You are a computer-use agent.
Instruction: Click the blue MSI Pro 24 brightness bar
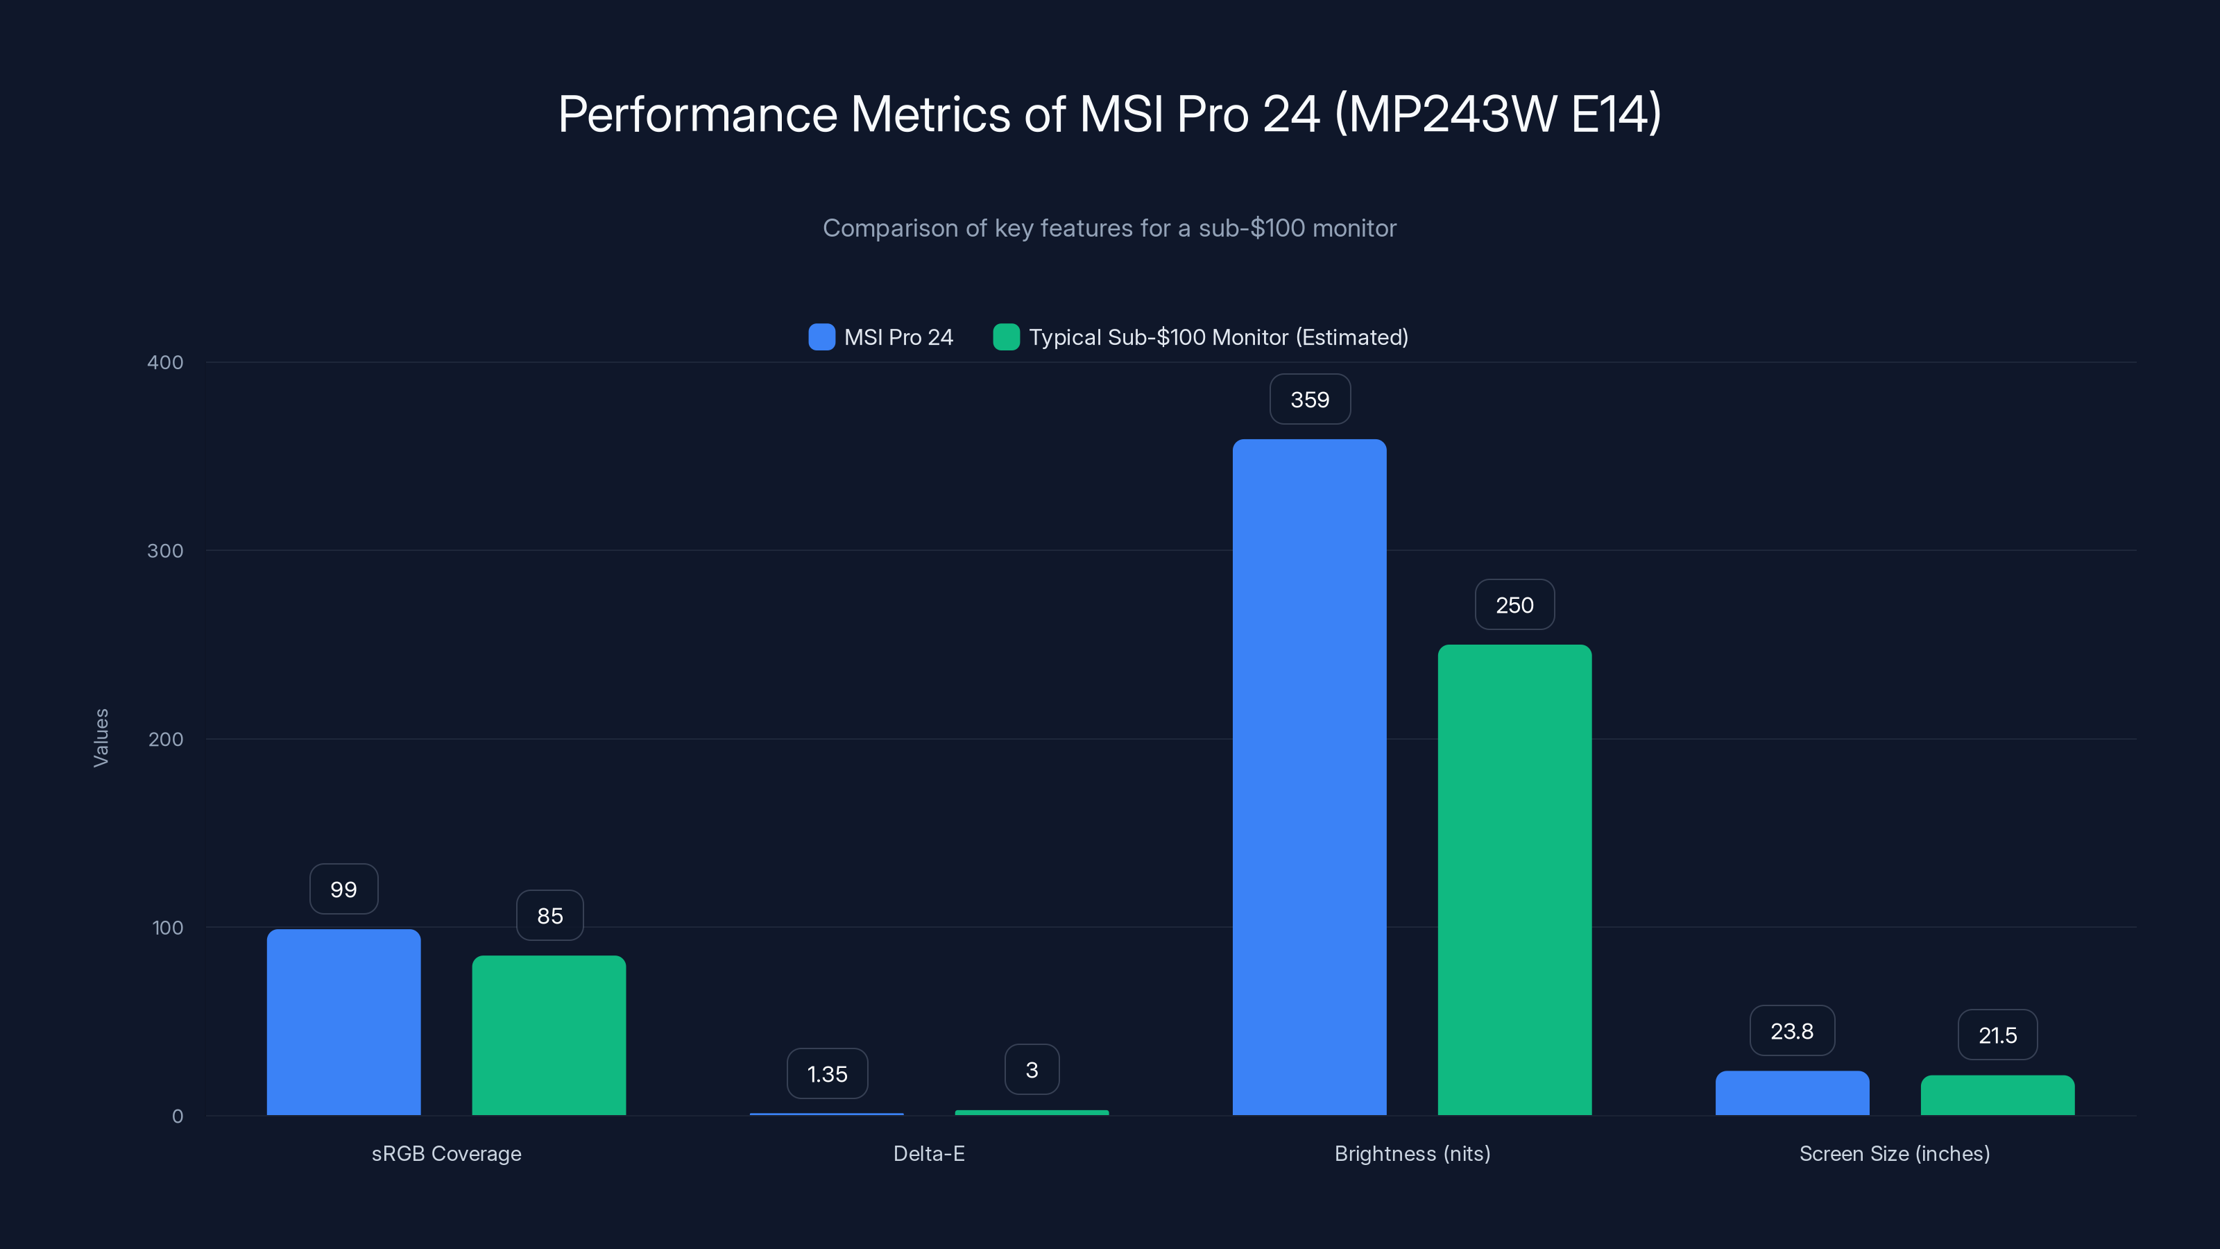(1309, 776)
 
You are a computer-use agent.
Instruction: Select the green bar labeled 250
(1514, 879)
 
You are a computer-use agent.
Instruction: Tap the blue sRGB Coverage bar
(343, 1021)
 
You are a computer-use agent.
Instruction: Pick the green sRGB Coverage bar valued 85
(549, 1035)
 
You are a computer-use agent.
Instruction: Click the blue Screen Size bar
(1792, 1093)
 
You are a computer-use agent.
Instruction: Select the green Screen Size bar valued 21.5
(1997, 1095)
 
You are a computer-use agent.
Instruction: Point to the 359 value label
(1309, 399)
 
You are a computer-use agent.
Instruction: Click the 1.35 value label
(826, 1074)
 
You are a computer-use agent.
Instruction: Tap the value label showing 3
(1032, 1070)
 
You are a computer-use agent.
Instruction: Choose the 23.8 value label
(1792, 1031)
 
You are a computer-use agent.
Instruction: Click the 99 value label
(343, 890)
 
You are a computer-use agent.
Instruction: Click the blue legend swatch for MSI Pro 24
(821, 337)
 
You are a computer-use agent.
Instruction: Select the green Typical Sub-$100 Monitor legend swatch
(1006, 337)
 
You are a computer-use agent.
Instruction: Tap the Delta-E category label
(928, 1153)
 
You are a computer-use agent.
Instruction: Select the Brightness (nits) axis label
(1412, 1153)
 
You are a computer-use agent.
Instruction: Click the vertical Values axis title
(101, 738)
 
